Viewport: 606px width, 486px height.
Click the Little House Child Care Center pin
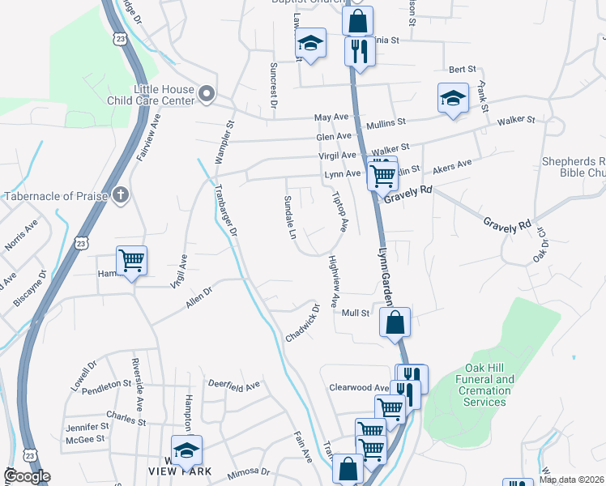206,95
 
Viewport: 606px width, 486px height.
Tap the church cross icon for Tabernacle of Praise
121,195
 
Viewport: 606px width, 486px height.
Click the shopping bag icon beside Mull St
395,322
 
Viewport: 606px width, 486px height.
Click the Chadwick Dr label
303,323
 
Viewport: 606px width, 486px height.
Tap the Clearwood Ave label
360,388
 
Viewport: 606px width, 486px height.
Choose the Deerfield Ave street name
233,384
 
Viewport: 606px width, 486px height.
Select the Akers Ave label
452,167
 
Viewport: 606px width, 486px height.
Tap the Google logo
27,475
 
